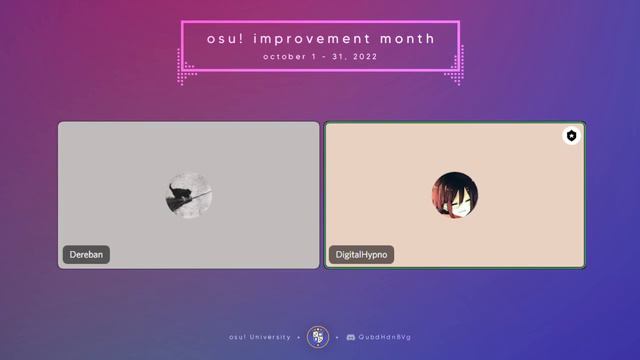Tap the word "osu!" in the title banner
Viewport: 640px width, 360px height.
[x=226, y=39]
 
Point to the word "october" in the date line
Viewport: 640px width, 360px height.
[x=284, y=57]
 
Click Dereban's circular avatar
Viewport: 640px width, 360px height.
[x=189, y=196]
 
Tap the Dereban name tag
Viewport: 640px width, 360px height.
[x=86, y=255]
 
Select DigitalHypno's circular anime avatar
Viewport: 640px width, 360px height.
[x=455, y=195]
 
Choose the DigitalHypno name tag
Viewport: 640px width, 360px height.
[x=361, y=255]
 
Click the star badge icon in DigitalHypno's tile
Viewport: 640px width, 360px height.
[x=571, y=136]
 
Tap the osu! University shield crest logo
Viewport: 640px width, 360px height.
[x=318, y=337]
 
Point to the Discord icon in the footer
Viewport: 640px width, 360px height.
[x=350, y=337]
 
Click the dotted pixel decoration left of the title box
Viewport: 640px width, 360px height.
[x=185, y=70]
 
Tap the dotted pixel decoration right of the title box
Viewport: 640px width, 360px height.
[x=454, y=70]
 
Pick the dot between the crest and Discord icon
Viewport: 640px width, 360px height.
[x=337, y=337]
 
